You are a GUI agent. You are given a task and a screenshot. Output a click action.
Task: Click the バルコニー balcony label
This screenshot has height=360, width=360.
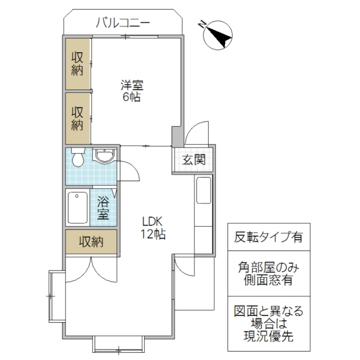tap(122, 24)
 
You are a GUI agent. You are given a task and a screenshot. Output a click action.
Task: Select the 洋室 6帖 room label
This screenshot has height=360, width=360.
tap(132, 90)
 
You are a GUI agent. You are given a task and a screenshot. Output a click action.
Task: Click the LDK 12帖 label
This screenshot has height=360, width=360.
tap(154, 227)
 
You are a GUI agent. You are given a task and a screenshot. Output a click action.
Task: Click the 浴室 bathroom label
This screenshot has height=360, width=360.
tap(103, 207)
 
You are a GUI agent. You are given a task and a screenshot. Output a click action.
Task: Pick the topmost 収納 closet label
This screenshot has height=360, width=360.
tap(77, 64)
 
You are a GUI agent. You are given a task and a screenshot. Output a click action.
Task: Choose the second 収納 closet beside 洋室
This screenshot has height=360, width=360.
tap(77, 118)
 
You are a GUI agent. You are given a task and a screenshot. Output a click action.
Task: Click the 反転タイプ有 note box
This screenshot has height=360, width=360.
tap(268, 236)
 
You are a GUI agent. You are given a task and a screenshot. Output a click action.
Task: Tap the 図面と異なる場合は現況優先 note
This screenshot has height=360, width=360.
tap(268, 323)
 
